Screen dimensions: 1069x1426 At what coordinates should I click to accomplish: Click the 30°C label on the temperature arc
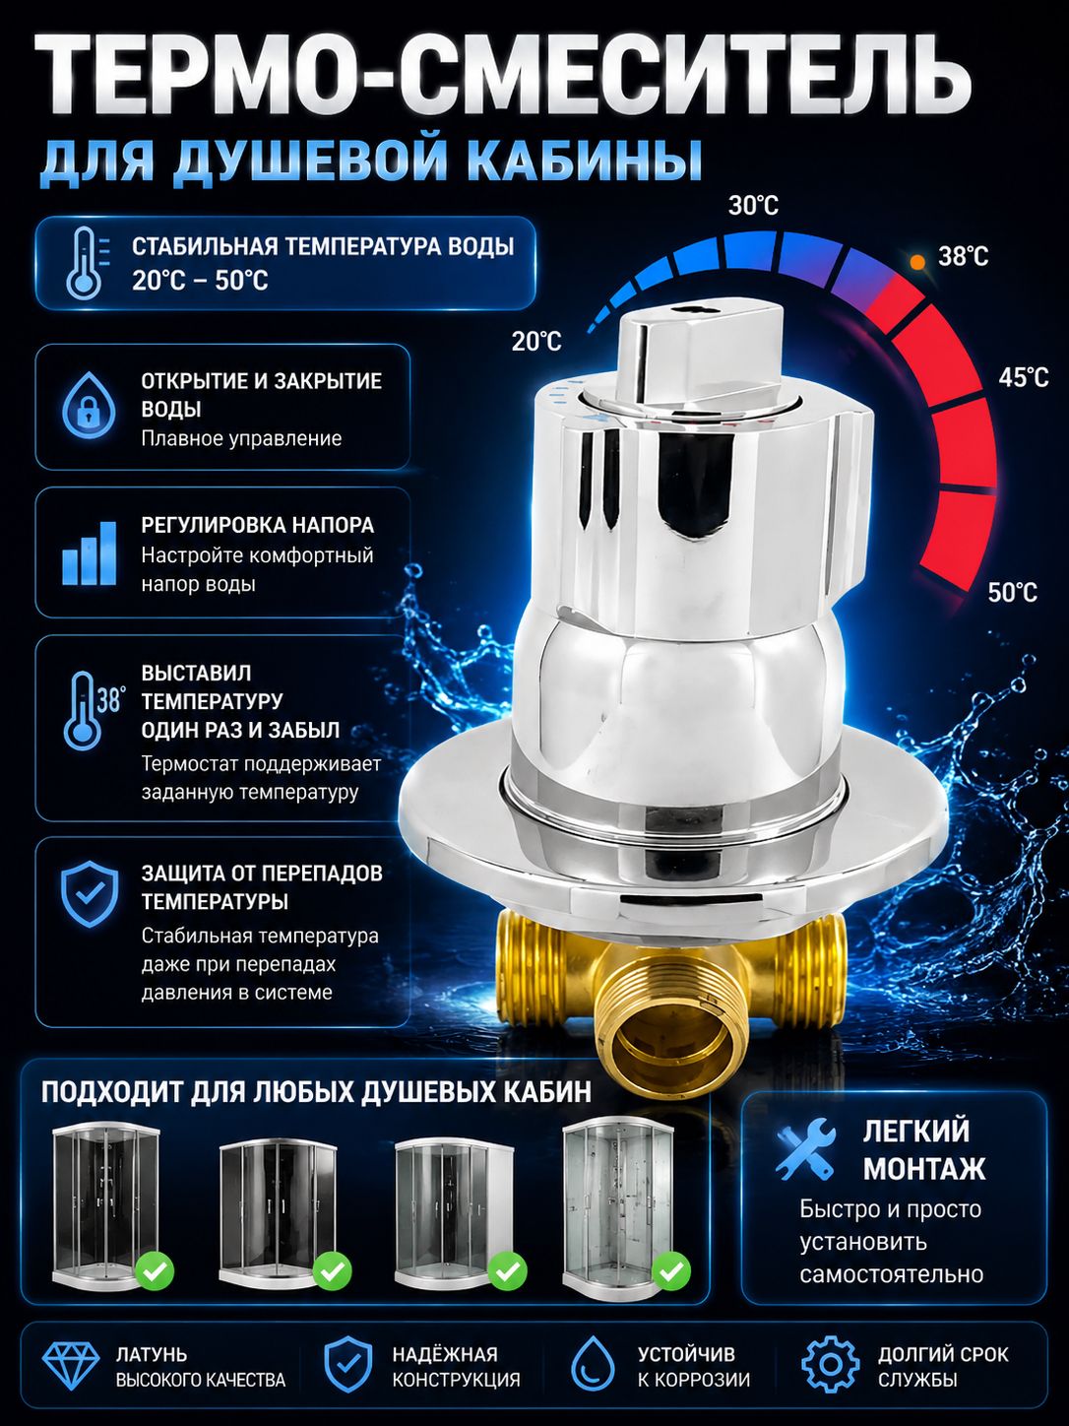click(753, 206)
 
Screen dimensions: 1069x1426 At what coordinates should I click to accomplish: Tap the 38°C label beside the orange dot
click(964, 257)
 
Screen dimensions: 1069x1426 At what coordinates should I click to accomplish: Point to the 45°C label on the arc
click(1024, 377)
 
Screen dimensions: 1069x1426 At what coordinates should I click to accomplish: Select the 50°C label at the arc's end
click(1013, 592)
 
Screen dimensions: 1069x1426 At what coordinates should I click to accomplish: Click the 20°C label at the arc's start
click(536, 342)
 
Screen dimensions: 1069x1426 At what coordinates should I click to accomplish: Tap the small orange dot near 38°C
click(917, 262)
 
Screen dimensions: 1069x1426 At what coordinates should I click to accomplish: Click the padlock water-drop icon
click(89, 408)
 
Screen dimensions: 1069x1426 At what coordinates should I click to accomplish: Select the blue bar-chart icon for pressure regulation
click(90, 552)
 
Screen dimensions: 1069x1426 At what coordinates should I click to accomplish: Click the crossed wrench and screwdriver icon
click(806, 1149)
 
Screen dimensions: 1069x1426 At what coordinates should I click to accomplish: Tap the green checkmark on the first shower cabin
click(155, 1270)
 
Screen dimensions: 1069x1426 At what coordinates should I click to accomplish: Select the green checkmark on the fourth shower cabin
click(670, 1270)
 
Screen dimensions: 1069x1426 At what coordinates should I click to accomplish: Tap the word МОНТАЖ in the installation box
click(924, 1169)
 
